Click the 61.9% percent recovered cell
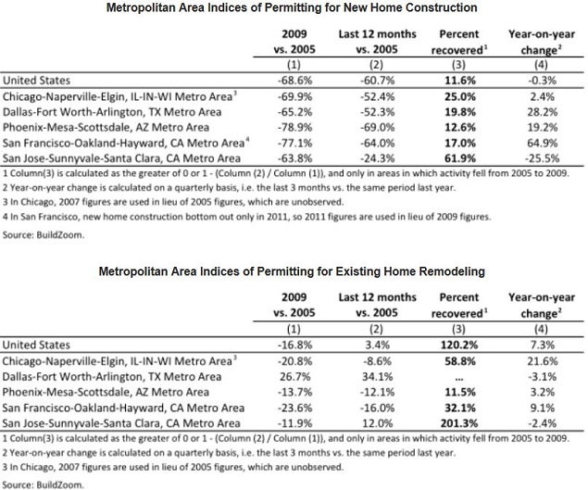coord(460,158)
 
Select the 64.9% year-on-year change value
coord(542,143)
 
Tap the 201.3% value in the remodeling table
coord(459,423)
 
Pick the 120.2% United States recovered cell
coord(459,345)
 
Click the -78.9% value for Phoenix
coord(294,127)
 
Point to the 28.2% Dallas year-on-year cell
coord(542,112)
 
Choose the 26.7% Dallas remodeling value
coord(294,376)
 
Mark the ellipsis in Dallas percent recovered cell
coord(458,378)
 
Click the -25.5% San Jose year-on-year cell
coord(542,158)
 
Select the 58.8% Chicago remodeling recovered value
coord(460,361)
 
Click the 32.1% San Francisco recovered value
coord(460,408)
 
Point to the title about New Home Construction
coord(292,7)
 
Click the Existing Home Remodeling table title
coord(292,271)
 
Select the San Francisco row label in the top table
coord(126,143)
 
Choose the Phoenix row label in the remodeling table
coord(106,392)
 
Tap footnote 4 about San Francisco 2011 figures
coord(246,217)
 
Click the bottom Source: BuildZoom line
coord(44,484)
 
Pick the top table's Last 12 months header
coord(377,42)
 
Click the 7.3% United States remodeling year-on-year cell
coord(542,345)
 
